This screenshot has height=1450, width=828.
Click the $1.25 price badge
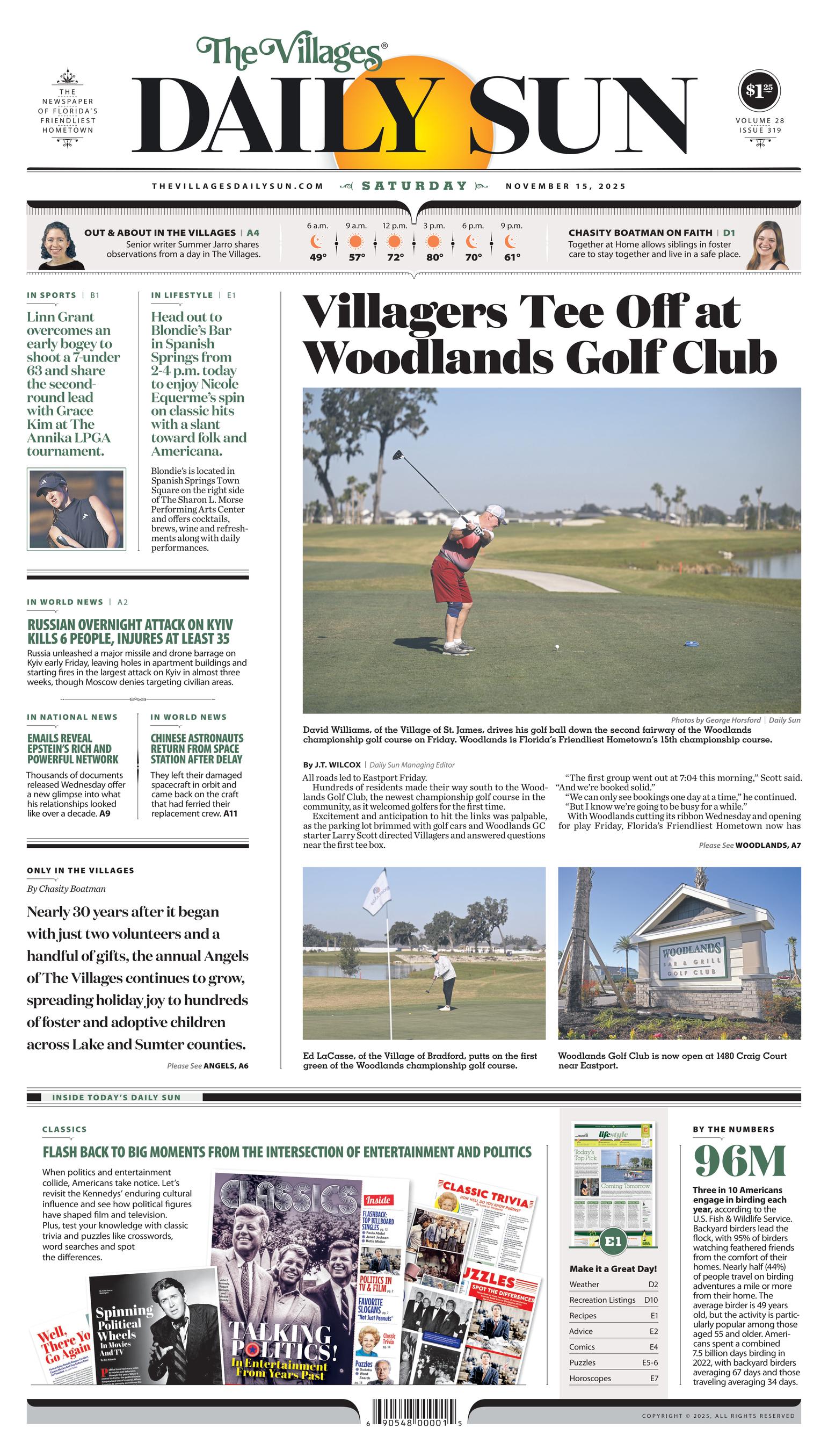click(759, 90)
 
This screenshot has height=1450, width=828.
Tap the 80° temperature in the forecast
click(434, 257)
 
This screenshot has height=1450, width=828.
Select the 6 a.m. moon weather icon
click(317, 242)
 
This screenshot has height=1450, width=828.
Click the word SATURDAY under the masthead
click(415, 186)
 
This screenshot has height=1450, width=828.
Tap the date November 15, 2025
click(565, 186)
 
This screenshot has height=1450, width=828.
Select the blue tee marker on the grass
click(691, 644)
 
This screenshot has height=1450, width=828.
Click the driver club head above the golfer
click(396, 455)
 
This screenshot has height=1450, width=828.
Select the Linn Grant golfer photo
click(76, 509)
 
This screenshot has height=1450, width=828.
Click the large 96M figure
click(740, 1160)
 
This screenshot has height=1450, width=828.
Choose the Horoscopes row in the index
click(613, 1379)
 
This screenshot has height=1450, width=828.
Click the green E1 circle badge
click(613, 1241)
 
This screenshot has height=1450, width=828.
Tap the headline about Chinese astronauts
click(197, 748)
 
